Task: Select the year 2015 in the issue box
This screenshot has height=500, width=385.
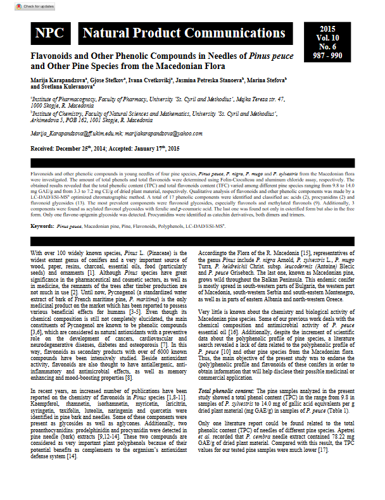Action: pyautogui.click(x=327, y=29)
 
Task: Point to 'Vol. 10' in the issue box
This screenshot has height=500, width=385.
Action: pyautogui.click(x=327, y=38)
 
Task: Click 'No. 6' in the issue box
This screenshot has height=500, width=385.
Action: pyautogui.click(x=327, y=47)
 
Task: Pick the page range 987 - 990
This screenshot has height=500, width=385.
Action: pyautogui.click(x=327, y=56)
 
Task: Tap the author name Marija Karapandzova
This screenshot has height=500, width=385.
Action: pyautogui.click(x=58, y=82)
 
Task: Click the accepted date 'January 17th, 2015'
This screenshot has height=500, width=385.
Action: pyautogui.click(x=153, y=147)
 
